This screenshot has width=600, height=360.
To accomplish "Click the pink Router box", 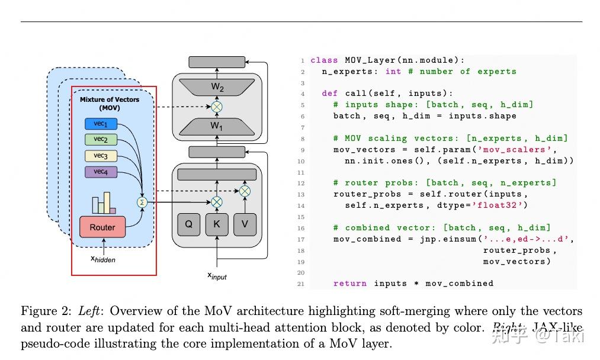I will tap(102, 227).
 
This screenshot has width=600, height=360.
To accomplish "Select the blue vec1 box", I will tap(101, 124).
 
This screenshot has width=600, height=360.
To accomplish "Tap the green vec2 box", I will tap(101, 140).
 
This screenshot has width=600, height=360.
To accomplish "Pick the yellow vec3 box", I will tap(101, 156).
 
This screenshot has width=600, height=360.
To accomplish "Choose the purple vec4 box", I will tap(101, 172).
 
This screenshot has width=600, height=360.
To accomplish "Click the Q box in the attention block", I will tap(188, 224).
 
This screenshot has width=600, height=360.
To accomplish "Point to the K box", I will tap(217, 224).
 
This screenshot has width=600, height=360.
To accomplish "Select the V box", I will tap(245, 224).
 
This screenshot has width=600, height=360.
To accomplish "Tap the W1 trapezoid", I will tap(217, 126).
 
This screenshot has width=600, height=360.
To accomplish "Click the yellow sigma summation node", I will tap(142, 202).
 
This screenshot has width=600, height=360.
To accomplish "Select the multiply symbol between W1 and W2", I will tap(217, 107).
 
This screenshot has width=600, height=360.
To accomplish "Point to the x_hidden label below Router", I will tap(103, 259).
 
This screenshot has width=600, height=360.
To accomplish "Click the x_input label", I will tap(217, 275).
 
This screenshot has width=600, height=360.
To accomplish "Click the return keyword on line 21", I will tap(350, 284).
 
